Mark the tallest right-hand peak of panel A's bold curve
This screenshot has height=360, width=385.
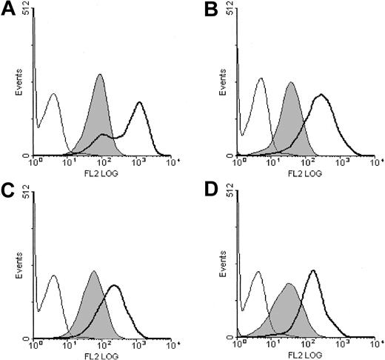(x=139, y=102)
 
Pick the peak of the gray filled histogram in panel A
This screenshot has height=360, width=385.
(x=100, y=75)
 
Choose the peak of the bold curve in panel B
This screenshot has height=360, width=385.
(x=321, y=95)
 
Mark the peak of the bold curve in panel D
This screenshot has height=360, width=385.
(x=313, y=270)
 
